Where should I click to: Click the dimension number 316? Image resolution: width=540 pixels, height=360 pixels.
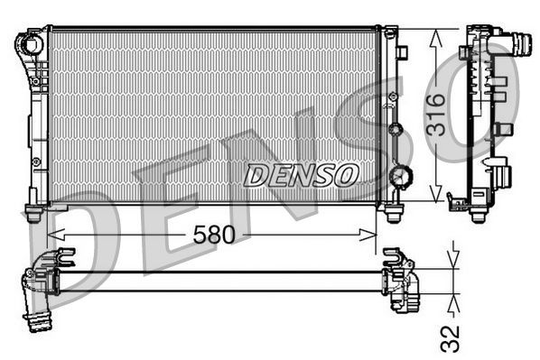click(436, 115)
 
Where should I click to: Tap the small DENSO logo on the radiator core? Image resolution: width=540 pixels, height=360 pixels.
click(301, 174)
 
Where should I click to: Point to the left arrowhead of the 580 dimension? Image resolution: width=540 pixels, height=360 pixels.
click(61, 235)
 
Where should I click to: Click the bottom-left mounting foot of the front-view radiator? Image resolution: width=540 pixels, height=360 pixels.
click(33, 214)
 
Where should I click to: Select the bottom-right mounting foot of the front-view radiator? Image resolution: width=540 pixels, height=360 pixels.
click(393, 214)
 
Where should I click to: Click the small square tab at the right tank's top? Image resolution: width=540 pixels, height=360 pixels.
click(402, 52)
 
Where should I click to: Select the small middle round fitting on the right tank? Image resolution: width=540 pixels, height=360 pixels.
click(394, 128)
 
